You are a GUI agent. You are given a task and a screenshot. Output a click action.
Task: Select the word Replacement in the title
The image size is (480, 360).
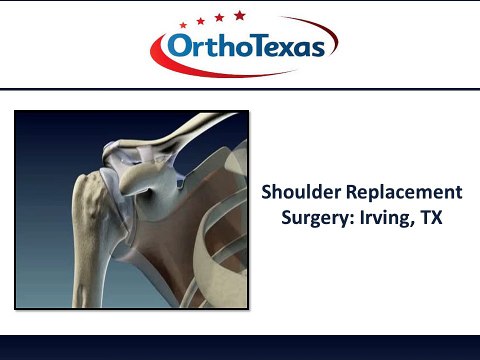(404, 191)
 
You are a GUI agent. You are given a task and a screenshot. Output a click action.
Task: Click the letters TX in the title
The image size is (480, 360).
(432, 215)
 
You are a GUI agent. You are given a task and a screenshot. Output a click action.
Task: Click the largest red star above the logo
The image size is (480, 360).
(239, 14)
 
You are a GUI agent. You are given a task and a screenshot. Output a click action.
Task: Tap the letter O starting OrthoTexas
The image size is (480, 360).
(175, 48)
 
